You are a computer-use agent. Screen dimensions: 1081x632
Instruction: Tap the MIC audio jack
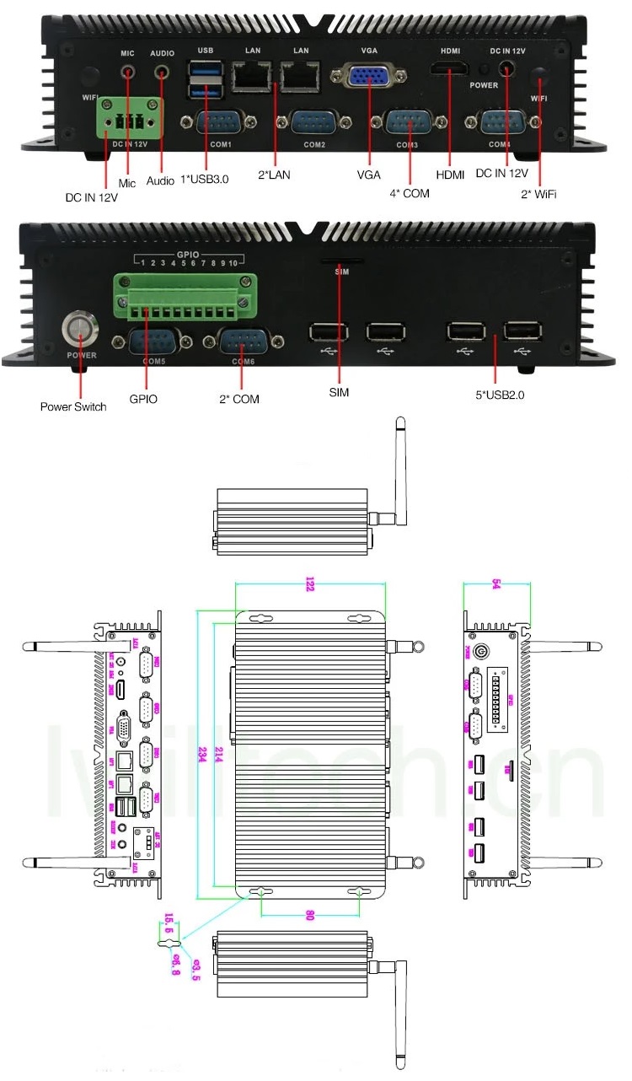pyautogui.click(x=128, y=74)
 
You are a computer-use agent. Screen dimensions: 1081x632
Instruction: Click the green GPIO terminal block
pyautogui.click(x=185, y=298)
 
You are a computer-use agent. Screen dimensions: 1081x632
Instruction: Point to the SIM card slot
pyautogui.click(x=340, y=261)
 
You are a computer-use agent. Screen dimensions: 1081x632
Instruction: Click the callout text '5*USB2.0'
pyautogui.click(x=500, y=394)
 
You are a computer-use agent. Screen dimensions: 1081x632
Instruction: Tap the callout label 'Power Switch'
pyautogui.click(x=73, y=407)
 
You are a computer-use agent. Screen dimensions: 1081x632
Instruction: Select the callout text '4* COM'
pyautogui.click(x=410, y=194)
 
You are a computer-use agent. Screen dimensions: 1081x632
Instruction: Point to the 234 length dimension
pyautogui.click(x=203, y=751)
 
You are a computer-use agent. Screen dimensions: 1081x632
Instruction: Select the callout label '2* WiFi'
pyautogui.click(x=538, y=195)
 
